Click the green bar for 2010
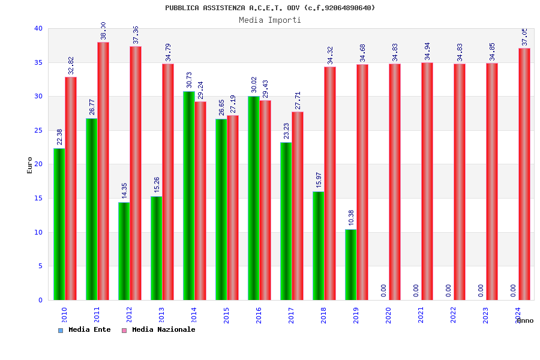tap(59, 224)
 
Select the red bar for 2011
tap(103, 171)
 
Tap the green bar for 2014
tap(188, 196)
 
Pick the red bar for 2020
tap(395, 182)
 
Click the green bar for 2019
tap(350, 265)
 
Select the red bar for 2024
tap(524, 174)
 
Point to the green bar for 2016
tap(253, 198)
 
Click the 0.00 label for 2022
tap(448, 290)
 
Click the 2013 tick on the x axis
tap(161, 315)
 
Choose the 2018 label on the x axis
tap(323, 315)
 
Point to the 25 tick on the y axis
tap(38, 130)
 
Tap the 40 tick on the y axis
tap(38, 28)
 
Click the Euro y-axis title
tap(30, 165)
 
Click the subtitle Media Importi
tap(270, 20)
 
